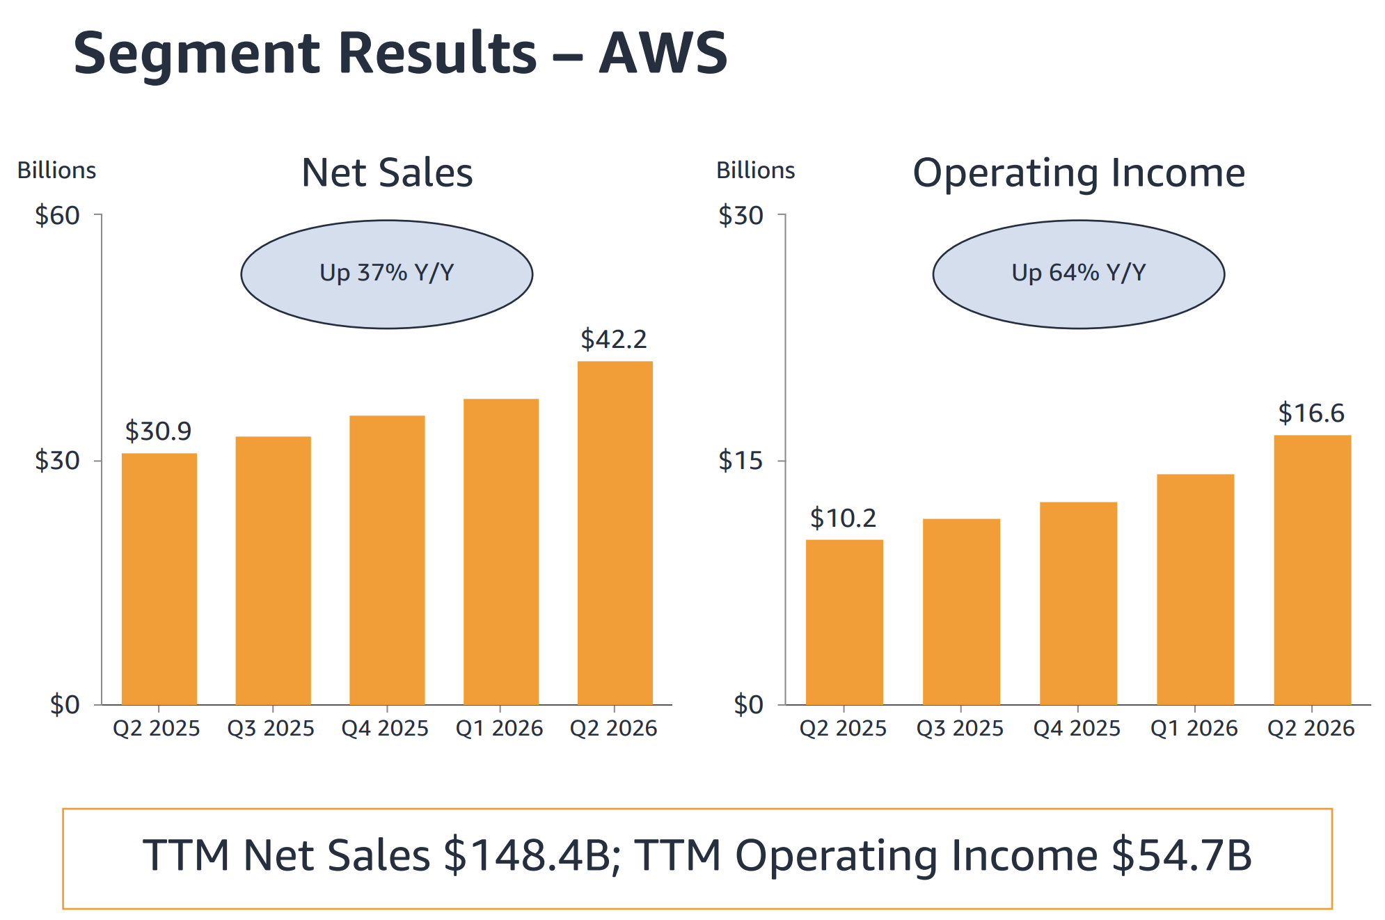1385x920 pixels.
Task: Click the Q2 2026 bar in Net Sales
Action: pyautogui.click(x=615, y=533)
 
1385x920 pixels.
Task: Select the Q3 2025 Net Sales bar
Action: pyautogui.click(x=273, y=571)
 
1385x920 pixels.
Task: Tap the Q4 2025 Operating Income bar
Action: pyautogui.click(x=1078, y=603)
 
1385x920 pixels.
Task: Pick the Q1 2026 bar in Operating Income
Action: pyautogui.click(x=1195, y=589)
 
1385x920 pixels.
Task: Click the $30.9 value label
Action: pyautogui.click(x=158, y=431)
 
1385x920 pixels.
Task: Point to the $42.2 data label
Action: pyautogui.click(x=614, y=340)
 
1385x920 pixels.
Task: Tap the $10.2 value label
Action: pyautogui.click(x=843, y=518)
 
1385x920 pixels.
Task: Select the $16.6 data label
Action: pyautogui.click(x=1311, y=413)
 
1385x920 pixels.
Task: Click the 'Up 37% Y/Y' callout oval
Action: pyautogui.click(x=387, y=274)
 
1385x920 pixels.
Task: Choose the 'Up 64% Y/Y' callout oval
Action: pyautogui.click(x=1078, y=274)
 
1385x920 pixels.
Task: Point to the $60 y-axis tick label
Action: pyautogui.click(x=57, y=216)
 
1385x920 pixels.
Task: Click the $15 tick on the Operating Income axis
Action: pyautogui.click(x=741, y=461)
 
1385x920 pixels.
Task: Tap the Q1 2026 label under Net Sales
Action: pyautogui.click(x=499, y=729)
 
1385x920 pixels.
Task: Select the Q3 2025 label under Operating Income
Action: pyautogui.click(x=960, y=729)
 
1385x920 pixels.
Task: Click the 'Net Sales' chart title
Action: pyautogui.click(x=387, y=173)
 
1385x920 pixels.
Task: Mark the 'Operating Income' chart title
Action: pyautogui.click(x=1079, y=174)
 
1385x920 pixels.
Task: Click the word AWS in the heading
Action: pyautogui.click(x=663, y=54)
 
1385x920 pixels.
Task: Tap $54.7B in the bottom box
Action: pyautogui.click(x=1182, y=855)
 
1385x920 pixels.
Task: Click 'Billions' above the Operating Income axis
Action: pyautogui.click(x=756, y=170)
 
